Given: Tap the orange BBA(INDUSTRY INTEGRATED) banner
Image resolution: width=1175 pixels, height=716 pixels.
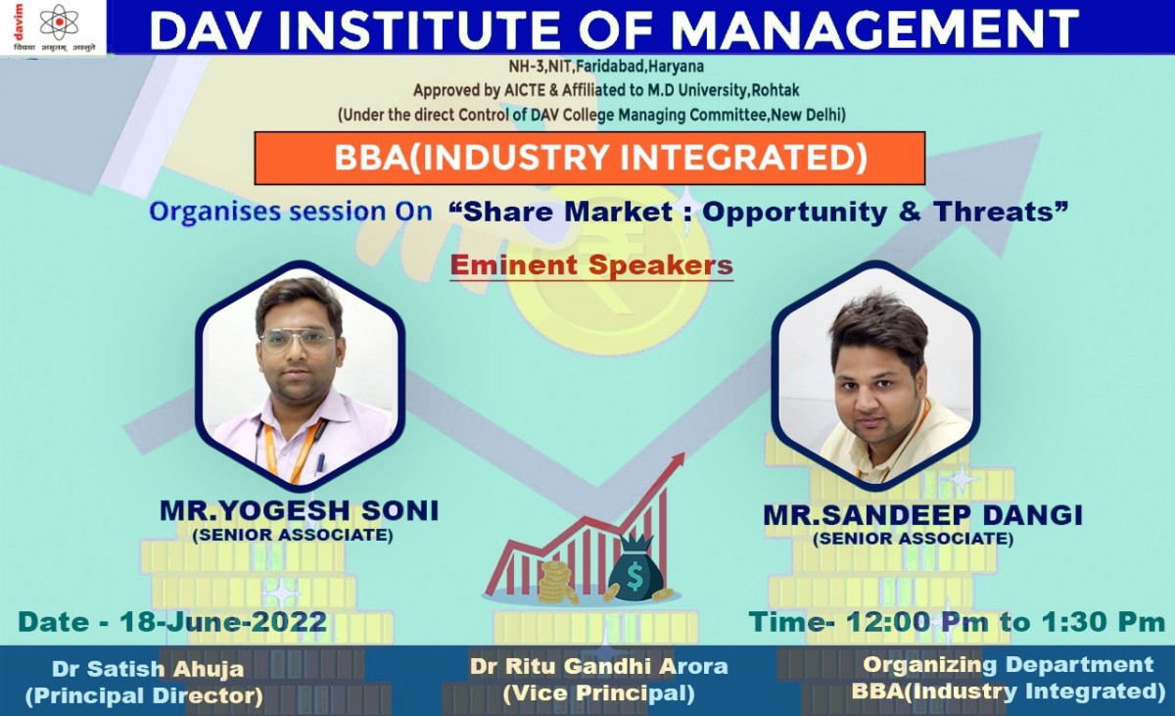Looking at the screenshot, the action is [x=589, y=158].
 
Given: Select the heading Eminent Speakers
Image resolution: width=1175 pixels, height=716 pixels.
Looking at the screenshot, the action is [x=591, y=265].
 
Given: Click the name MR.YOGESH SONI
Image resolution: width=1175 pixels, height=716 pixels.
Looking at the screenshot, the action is [x=299, y=511].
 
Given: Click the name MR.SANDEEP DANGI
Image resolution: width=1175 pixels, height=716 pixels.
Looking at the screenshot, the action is [x=922, y=515].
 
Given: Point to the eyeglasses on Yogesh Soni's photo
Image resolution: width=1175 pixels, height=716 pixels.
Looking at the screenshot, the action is [x=298, y=342].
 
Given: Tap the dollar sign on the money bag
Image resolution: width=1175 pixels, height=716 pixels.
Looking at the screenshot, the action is [x=634, y=577].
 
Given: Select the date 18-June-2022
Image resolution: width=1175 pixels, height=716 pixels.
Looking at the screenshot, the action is [x=224, y=622].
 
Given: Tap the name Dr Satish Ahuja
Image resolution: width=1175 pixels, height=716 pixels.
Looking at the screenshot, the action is [x=148, y=669].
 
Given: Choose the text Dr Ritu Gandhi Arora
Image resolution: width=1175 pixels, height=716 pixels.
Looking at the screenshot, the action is [x=598, y=666].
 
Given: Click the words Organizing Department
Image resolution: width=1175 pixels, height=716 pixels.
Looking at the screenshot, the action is [x=1008, y=665].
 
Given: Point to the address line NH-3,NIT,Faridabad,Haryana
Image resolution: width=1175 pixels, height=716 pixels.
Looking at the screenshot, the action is [x=606, y=67].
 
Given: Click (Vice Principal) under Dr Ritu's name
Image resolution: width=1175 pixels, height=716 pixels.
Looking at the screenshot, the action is [x=598, y=693].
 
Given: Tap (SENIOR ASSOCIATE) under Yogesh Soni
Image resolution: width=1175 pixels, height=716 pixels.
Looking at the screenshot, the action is [x=293, y=536].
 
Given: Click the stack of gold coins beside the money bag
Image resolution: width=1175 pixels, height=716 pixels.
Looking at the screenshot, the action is [x=557, y=582].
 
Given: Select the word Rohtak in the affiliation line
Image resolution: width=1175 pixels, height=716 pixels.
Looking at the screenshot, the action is [x=775, y=90].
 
